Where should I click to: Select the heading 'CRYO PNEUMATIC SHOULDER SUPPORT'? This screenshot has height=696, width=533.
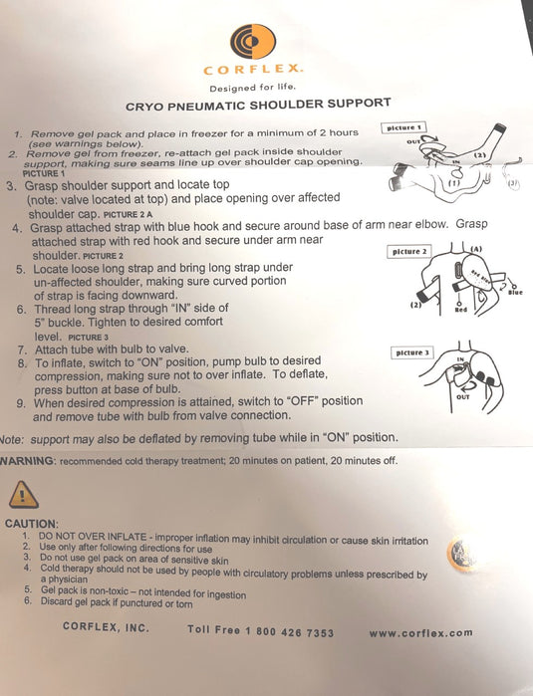tap(258, 104)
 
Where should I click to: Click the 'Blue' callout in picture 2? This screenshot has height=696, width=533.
tap(514, 291)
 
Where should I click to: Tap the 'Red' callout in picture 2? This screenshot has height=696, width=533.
tap(461, 310)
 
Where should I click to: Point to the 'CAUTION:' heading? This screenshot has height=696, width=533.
tap(32, 523)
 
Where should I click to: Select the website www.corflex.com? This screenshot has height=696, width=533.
tap(419, 632)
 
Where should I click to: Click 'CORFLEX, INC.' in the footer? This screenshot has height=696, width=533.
tap(106, 627)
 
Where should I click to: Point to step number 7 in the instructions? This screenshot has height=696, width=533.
tap(22, 350)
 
